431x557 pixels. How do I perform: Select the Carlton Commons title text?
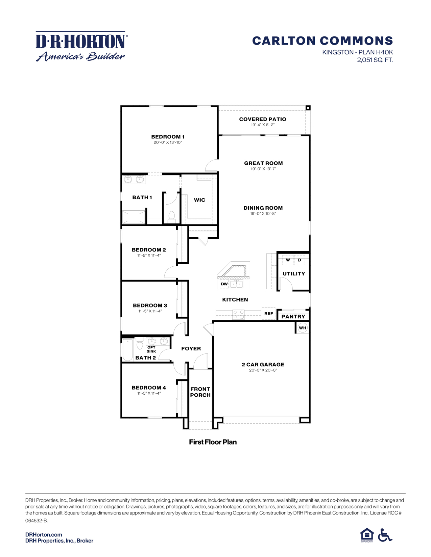pyautogui.click(x=322, y=41)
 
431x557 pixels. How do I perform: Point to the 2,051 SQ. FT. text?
pyautogui.click(x=375, y=60)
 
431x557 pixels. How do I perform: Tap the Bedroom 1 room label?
pyautogui.click(x=168, y=137)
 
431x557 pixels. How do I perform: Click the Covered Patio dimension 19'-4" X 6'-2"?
pyautogui.click(x=263, y=125)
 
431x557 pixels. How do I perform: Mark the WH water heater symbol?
pyautogui.click(x=303, y=328)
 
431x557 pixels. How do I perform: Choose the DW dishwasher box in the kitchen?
pyautogui.click(x=224, y=284)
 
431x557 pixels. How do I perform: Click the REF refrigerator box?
pyautogui.click(x=269, y=314)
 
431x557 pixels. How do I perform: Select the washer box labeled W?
pyautogui.click(x=288, y=260)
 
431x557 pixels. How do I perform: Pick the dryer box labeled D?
pyautogui.click(x=300, y=260)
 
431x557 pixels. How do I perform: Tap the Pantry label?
pyautogui.click(x=293, y=317)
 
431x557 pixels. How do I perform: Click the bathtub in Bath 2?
pyautogui.click(x=127, y=350)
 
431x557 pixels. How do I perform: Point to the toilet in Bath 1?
pyautogui.click(x=171, y=216)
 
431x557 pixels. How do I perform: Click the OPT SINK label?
pyautogui.click(x=151, y=349)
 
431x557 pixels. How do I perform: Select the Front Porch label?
pyautogui.click(x=200, y=392)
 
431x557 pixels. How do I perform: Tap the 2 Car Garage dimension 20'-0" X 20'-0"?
pyautogui.click(x=263, y=370)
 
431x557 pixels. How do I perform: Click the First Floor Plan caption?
pyautogui.click(x=213, y=442)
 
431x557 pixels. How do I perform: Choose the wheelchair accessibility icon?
pyautogui.click(x=385, y=535)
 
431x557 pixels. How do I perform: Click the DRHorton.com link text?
pyautogui.click(x=44, y=534)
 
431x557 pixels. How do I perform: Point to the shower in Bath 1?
pyautogui.click(x=134, y=217)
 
